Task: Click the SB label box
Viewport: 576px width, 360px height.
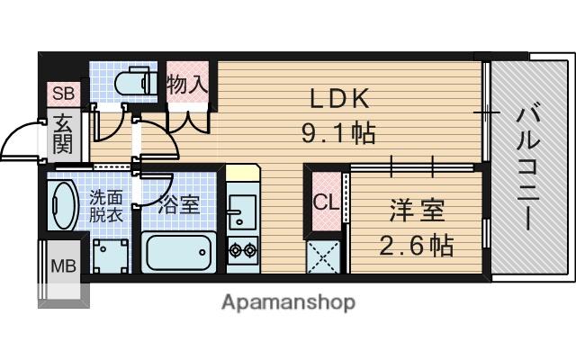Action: click(x=63, y=93)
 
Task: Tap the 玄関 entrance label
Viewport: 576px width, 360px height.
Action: click(x=62, y=134)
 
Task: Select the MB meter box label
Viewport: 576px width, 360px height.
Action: click(x=61, y=265)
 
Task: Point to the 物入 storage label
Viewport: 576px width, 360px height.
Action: click(x=188, y=85)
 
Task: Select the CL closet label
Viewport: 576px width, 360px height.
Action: click(x=324, y=202)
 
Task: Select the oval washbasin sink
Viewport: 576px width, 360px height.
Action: click(x=63, y=206)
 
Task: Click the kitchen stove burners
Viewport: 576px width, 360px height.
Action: click(x=240, y=247)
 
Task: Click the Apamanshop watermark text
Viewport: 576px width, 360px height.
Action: click(x=288, y=301)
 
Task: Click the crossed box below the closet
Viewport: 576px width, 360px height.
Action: click(x=323, y=256)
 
